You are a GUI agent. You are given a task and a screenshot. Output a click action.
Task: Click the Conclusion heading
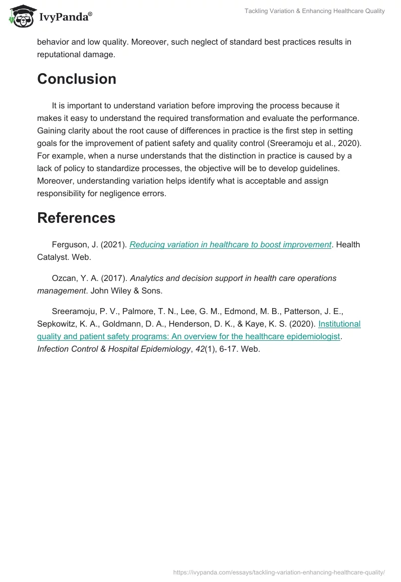(77, 79)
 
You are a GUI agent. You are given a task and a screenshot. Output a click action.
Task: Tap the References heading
(76, 218)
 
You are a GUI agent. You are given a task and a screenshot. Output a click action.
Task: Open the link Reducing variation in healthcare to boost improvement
(231, 245)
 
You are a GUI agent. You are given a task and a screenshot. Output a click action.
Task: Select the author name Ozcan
(64, 278)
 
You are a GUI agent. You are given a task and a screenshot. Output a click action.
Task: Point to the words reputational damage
(76, 55)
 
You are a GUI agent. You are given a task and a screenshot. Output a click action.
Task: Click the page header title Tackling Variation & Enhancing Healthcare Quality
(314, 11)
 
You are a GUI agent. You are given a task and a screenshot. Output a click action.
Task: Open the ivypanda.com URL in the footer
(279, 571)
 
